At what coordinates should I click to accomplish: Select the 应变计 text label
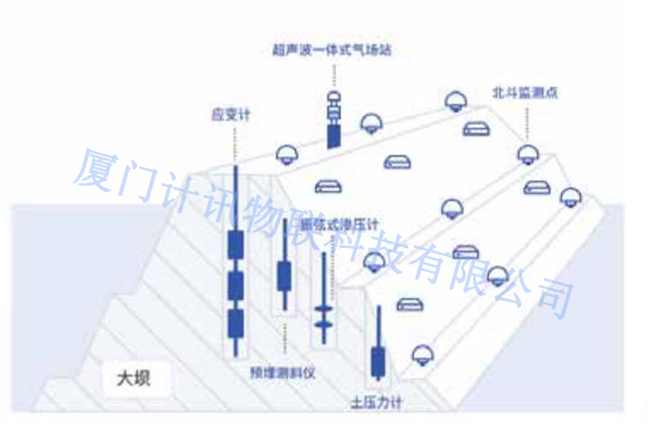point(232,116)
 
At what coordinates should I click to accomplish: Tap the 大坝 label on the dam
point(131,377)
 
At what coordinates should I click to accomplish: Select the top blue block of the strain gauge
point(235,244)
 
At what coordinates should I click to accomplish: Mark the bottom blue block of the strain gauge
point(235,323)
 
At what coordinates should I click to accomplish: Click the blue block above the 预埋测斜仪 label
point(284,276)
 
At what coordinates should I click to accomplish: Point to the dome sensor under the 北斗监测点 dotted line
point(528,154)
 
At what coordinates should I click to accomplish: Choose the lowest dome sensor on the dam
point(422,353)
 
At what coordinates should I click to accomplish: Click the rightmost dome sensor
point(571,195)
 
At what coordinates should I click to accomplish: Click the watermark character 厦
point(93,167)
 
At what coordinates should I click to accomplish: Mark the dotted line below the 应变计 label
point(234,143)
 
